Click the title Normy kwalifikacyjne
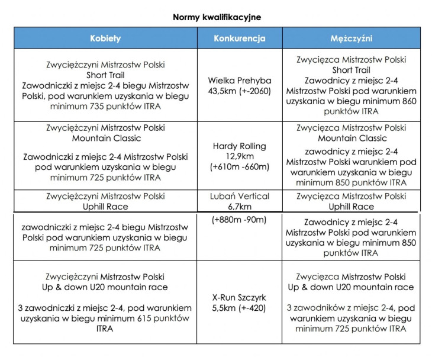pyautogui.click(x=217, y=17)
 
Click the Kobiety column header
pyautogui.click(x=105, y=38)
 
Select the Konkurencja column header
pyautogui.click(x=239, y=38)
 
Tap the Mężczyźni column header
pyautogui.click(x=351, y=38)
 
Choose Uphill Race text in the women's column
pyautogui.click(x=105, y=207)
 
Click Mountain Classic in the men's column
pyautogui.click(x=351, y=138)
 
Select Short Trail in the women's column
pyautogui.click(x=105, y=75)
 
